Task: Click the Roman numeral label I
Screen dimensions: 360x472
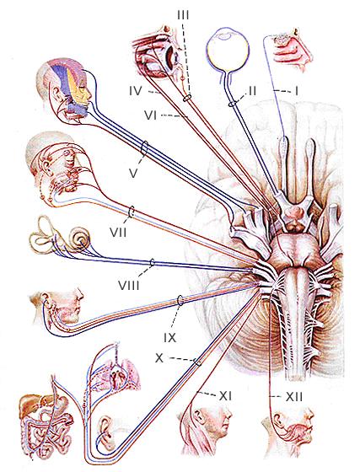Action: click(x=297, y=91)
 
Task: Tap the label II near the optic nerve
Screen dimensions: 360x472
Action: click(x=251, y=90)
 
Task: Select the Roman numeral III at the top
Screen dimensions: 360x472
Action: click(x=183, y=14)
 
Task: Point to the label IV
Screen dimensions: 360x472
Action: click(x=136, y=91)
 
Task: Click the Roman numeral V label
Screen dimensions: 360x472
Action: click(x=133, y=173)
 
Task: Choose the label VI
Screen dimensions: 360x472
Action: click(x=151, y=115)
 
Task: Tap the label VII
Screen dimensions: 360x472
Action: click(x=118, y=233)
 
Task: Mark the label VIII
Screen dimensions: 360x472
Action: click(x=129, y=285)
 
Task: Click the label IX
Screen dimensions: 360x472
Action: click(x=170, y=338)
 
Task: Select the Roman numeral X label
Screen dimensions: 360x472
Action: click(x=159, y=358)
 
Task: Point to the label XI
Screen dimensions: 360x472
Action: click(x=225, y=396)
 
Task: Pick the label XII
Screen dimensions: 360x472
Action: click(x=293, y=397)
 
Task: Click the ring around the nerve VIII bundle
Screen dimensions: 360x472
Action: click(x=152, y=263)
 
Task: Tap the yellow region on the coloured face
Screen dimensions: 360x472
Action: click(x=73, y=86)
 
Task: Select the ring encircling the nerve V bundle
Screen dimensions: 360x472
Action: click(x=145, y=149)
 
